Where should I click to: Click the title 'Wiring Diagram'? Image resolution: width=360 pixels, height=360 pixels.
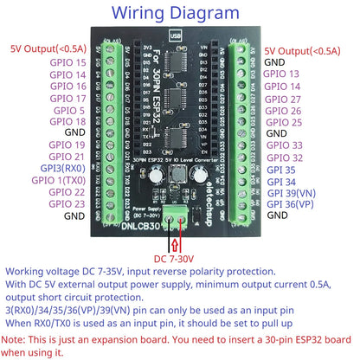[x=179, y=15]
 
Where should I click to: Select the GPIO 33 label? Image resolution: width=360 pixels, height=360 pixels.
[x=286, y=145]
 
